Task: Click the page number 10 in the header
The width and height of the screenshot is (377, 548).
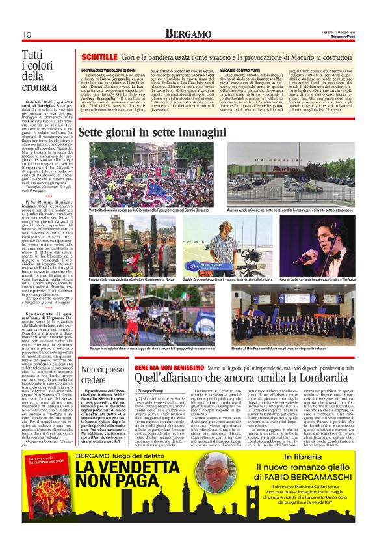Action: coord(27,34)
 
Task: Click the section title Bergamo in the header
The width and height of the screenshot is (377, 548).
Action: coord(188,33)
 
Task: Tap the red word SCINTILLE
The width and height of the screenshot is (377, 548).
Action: coord(99,57)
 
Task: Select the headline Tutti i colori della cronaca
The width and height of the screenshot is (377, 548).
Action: coord(39,79)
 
